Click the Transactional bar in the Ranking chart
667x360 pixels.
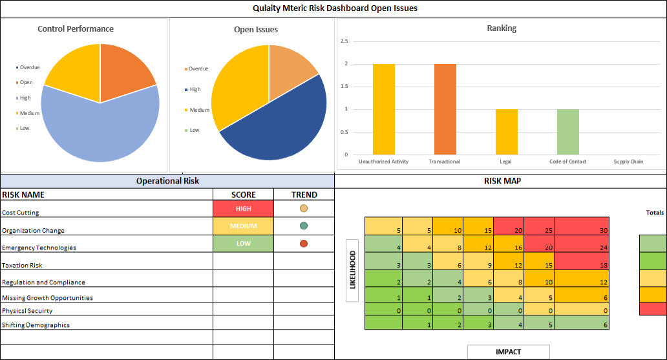(445, 109)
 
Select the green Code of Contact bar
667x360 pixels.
(568, 132)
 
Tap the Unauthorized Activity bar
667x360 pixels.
(384, 109)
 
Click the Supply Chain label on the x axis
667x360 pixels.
(628, 162)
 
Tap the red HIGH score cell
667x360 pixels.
(243, 209)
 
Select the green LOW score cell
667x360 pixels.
(243, 244)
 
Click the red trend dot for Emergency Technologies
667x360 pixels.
(304, 244)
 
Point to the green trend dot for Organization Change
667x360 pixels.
(304, 226)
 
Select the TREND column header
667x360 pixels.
(304, 195)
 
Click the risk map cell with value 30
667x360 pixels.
(582, 226)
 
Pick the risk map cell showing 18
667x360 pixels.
(582, 261)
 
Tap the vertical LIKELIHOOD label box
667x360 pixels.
(353, 275)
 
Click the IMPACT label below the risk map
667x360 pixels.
(508, 352)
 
